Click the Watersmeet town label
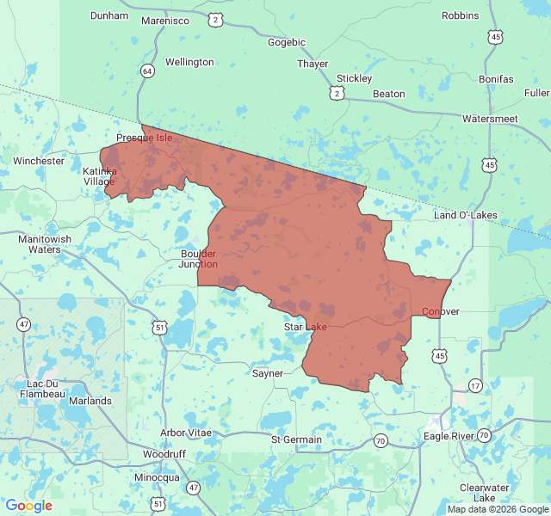[x=490, y=118]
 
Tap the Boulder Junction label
[x=199, y=259]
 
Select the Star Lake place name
[x=306, y=327]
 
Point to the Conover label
[x=441, y=311]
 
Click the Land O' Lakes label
[x=466, y=214]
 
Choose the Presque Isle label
[x=145, y=138]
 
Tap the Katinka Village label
[x=98, y=176]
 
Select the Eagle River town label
[x=449, y=436]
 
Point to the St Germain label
[x=296, y=439]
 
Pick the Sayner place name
[x=268, y=373]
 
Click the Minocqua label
[x=157, y=477]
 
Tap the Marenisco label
[x=164, y=20]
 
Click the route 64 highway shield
[x=148, y=71]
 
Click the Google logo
[x=28, y=506]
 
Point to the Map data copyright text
[x=497, y=509]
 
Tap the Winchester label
[x=39, y=161]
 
